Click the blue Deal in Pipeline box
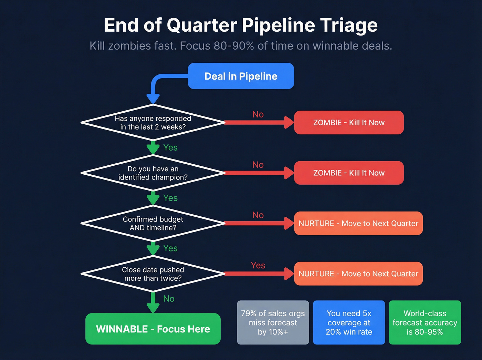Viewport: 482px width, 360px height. tap(241, 76)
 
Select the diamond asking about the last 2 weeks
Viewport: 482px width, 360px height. tap(153, 123)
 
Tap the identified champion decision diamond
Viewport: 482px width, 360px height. tap(153, 173)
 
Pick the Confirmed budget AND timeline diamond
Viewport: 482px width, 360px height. tap(153, 223)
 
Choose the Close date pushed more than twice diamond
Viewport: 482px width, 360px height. tap(153, 274)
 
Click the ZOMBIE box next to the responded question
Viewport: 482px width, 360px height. tap(348, 123)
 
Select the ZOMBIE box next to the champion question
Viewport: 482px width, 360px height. tap(348, 173)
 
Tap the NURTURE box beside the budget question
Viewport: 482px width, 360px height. tap(358, 223)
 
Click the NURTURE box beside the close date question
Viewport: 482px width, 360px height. tap(358, 274)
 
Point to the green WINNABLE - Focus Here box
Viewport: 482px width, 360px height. tap(153, 329)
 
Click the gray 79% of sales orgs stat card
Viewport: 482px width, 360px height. tap(273, 322)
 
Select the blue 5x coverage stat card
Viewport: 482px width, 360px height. tap(349, 322)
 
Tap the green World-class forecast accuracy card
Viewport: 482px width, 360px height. tap(425, 322)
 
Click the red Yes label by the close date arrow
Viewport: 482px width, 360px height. tap(258, 265)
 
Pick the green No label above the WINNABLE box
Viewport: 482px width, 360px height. tap(169, 299)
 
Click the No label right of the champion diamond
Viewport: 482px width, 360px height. tap(258, 165)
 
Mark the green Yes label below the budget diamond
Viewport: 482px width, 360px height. tap(170, 248)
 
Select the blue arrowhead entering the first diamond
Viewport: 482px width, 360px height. tap(153, 99)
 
